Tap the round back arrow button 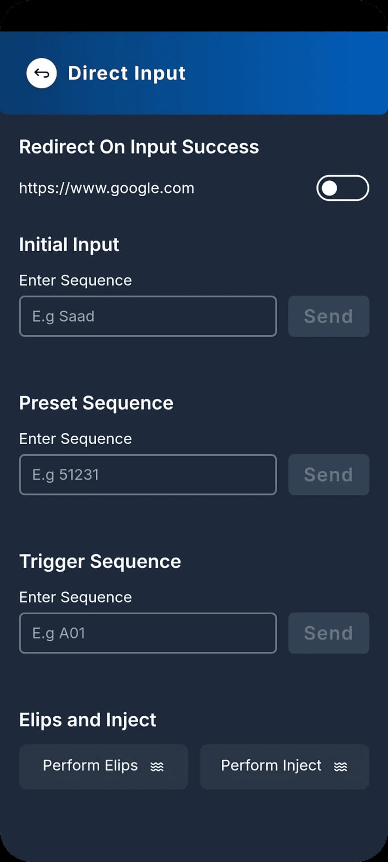click(x=41, y=73)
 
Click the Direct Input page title click(x=126, y=73)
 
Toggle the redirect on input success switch click(x=342, y=188)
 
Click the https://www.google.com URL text click(x=106, y=188)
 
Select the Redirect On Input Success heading click(x=139, y=147)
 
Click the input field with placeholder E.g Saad click(x=148, y=316)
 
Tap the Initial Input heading click(x=69, y=245)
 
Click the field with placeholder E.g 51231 click(x=148, y=475)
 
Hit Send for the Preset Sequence click(x=329, y=475)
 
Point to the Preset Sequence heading click(x=96, y=403)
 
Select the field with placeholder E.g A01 click(x=148, y=633)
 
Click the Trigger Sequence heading click(x=100, y=561)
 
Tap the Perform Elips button click(x=103, y=766)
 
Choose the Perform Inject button click(x=284, y=766)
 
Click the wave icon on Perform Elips click(x=157, y=767)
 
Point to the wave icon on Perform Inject click(x=340, y=767)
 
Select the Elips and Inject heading click(x=87, y=720)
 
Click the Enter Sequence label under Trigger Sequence click(x=75, y=597)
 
